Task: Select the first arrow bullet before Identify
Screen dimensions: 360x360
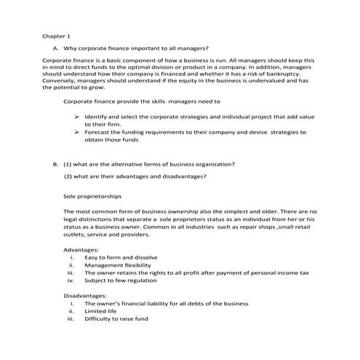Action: pyautogui.click(x=77, y=117)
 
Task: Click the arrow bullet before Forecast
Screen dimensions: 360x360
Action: pyautogui.click(x=77, y=133)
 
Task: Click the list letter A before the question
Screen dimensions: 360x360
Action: pyautogui.click(x=55, y=49)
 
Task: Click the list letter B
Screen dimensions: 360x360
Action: pyautogui.click(x=55, y=164)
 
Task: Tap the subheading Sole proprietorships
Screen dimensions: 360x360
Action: pyautogui.click(x=92, y=196)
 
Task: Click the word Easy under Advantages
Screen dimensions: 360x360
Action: pyautogui.click(x=92, y=258)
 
